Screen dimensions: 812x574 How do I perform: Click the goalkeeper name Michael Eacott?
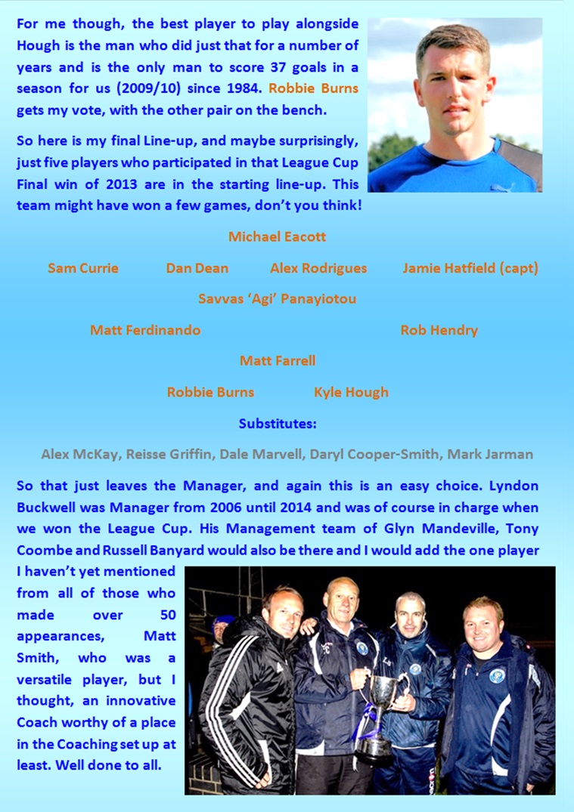(277, 236)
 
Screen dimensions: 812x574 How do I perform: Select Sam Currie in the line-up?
(82, 268)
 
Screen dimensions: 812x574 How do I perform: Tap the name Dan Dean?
(197, 268)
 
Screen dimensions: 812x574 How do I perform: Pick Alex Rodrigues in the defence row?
(318, 268)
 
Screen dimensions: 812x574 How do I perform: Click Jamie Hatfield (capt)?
(470, 268)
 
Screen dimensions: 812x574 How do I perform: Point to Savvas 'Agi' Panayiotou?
(277, 299)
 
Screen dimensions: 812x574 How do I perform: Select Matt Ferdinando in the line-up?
(145, 330)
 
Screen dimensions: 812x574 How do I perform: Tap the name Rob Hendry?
(439, 330)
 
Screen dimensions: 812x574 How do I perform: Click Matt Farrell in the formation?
(277, 361)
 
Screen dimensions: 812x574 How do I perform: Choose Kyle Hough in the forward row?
(351, 392)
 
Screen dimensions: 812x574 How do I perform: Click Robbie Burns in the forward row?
(210, 392)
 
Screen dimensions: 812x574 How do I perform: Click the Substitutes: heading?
(277, 424)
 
